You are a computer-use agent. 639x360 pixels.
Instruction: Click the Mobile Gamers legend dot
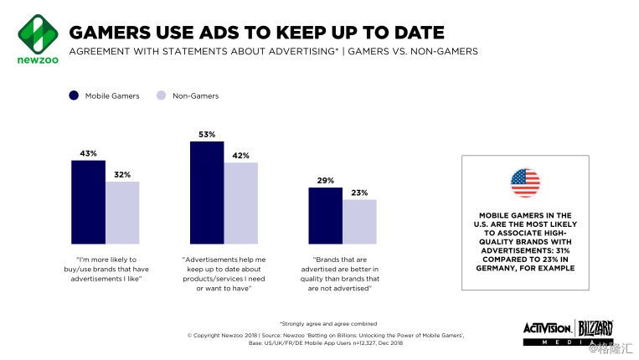[74, 95]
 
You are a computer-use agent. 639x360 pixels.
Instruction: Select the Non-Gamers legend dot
[161, 95]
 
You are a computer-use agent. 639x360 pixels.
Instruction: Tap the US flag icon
[525, 183]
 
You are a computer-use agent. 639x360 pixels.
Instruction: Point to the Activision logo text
[548, 327]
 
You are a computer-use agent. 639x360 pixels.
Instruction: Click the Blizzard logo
[595, 327]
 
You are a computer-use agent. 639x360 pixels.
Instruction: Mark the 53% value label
[207, 134]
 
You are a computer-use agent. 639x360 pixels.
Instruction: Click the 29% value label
[326, 180]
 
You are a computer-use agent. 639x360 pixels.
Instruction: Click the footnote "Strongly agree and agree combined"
[327, 323]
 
